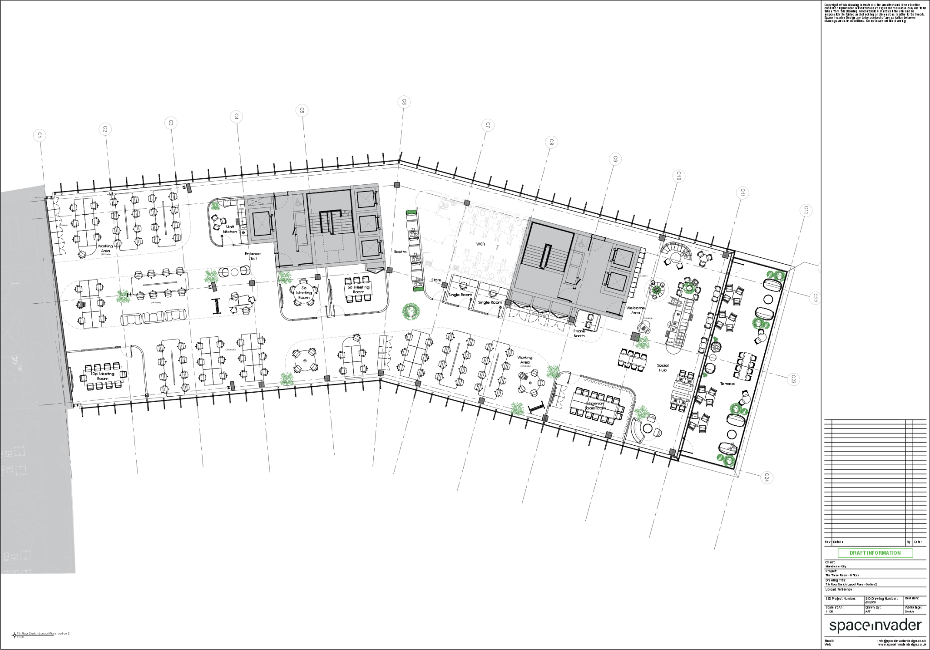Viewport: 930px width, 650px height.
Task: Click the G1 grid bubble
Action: coord(40,135)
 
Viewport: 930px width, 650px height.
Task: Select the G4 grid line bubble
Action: coord(236,117)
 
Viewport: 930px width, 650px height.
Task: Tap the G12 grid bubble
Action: coord(806,211)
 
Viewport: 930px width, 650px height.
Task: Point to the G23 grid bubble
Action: coord(793,379)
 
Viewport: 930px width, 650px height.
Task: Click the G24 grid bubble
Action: coord(767,477)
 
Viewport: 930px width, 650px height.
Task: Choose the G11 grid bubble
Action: coord(742,193)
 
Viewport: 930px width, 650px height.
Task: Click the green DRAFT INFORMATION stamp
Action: coord(875,553)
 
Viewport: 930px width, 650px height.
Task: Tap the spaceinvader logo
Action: coord(875,625)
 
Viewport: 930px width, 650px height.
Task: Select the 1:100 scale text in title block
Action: coord(829,612)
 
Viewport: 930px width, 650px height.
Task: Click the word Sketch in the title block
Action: coord(909,612)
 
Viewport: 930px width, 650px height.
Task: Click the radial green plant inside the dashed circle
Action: coord(656,289)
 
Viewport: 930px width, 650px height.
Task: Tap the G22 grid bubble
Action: coord(815,298)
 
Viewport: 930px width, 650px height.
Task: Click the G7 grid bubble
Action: coord(488,125)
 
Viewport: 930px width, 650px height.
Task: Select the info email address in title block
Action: coord(901,641)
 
